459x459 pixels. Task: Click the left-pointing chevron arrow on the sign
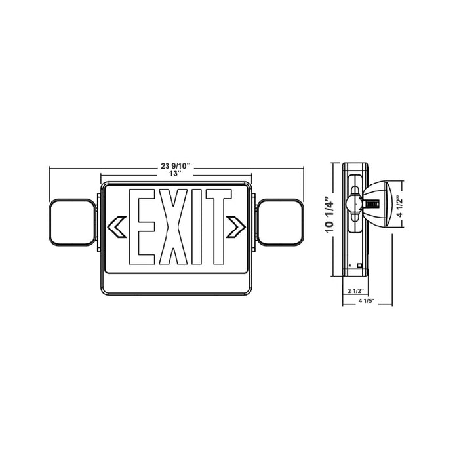(116, 226)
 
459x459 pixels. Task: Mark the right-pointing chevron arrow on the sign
(235, 226)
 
